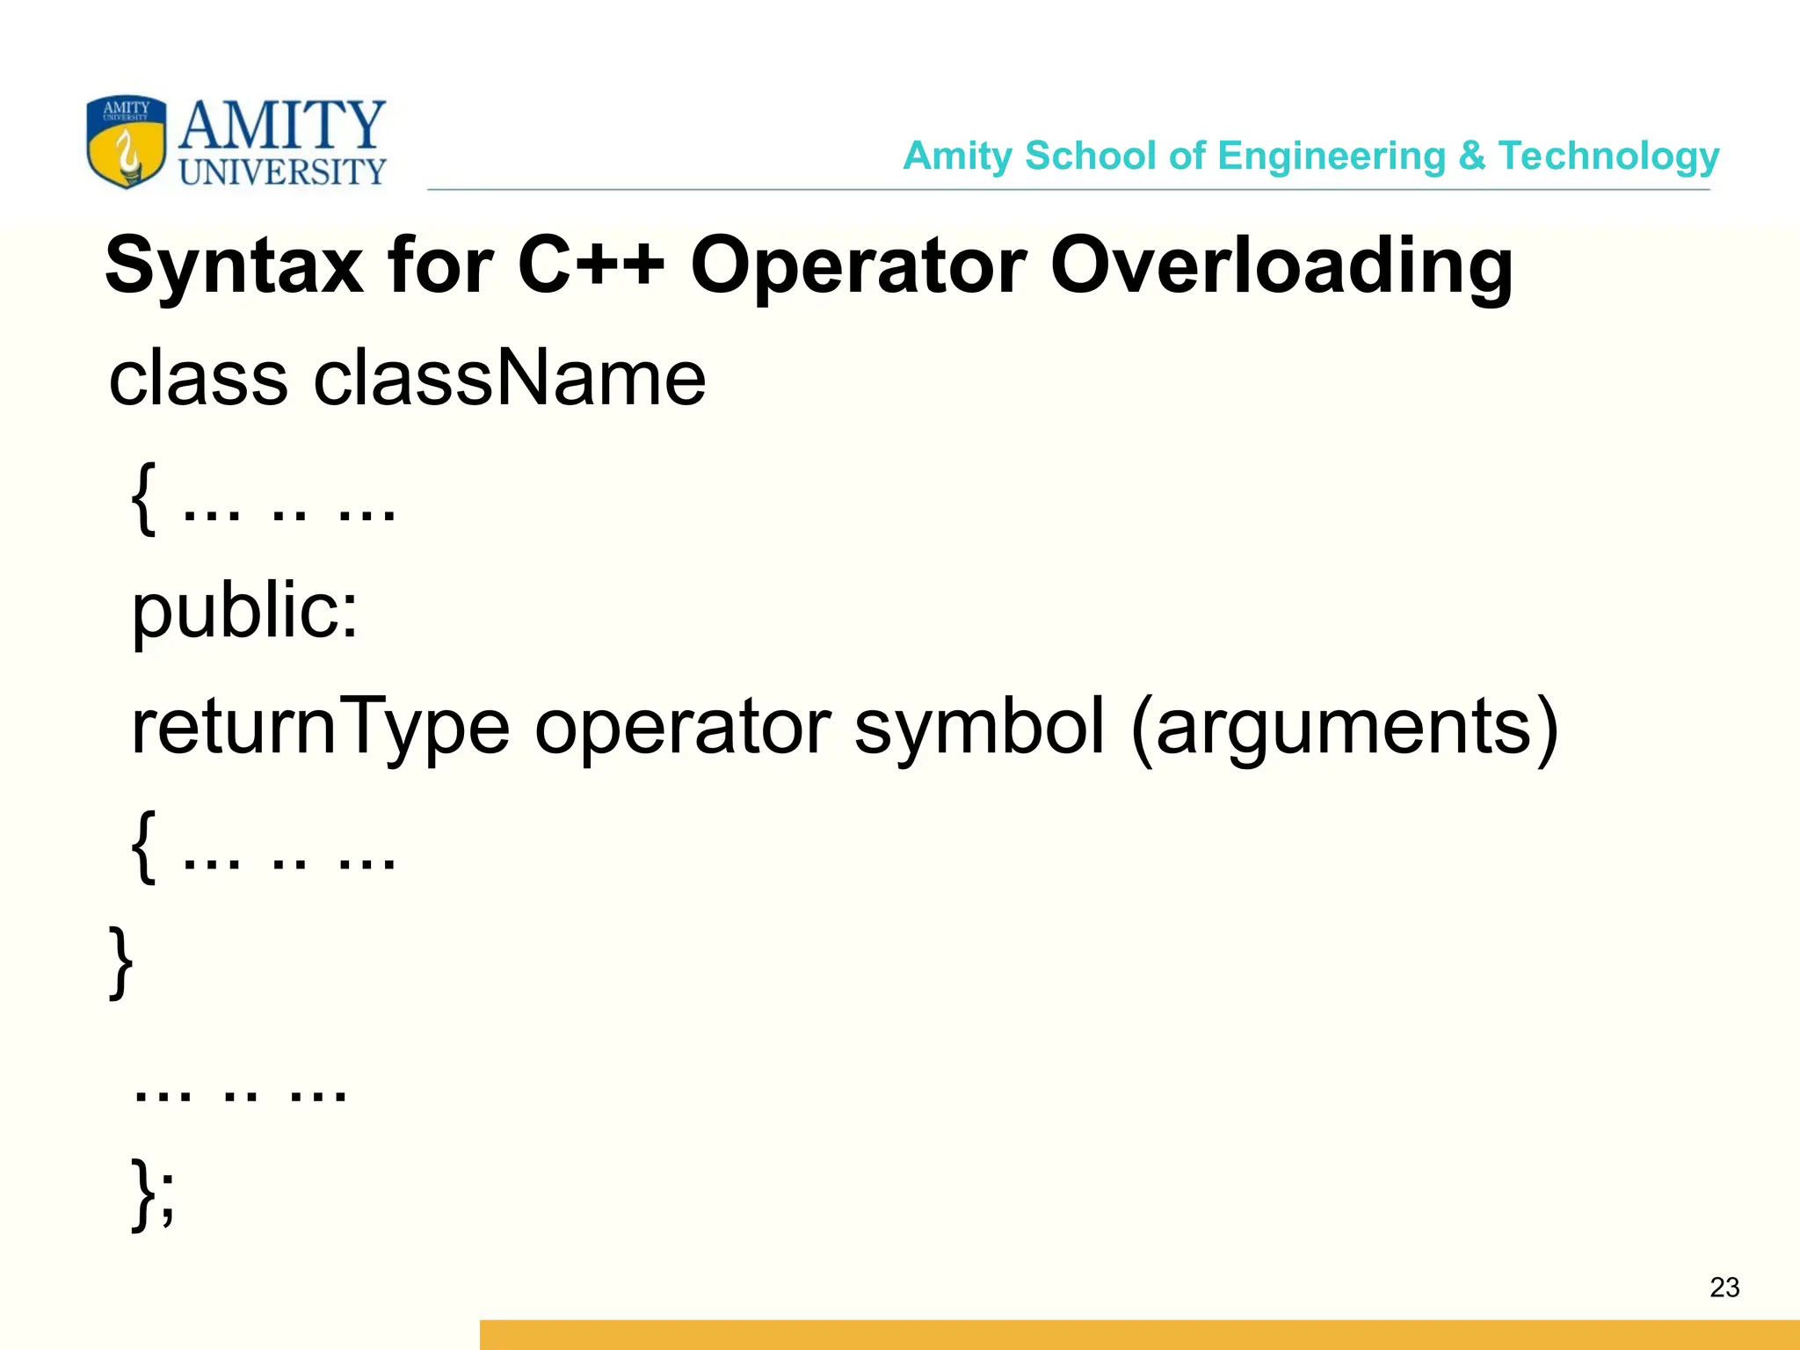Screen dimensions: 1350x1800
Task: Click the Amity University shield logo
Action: [x=127, y=142]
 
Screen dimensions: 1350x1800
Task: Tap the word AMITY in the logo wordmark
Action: [x=282, y=125]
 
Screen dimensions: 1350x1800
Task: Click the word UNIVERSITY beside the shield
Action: [x=282, y=171]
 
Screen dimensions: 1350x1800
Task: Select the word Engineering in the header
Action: [x=1332, y=156]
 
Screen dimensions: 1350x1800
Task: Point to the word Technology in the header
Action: [x=1608, y=156]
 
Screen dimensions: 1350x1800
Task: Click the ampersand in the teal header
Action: [x=1471, y=156]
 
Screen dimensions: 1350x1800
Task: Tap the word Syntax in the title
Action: [x=234, y=265]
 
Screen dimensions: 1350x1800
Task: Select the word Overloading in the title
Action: [x=1281, y=265]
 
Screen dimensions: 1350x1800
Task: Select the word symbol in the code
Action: [x=979, y=726]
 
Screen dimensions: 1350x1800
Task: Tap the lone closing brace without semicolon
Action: [x=120, y=962]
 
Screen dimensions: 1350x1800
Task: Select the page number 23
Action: [x=1724, y=1288]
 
